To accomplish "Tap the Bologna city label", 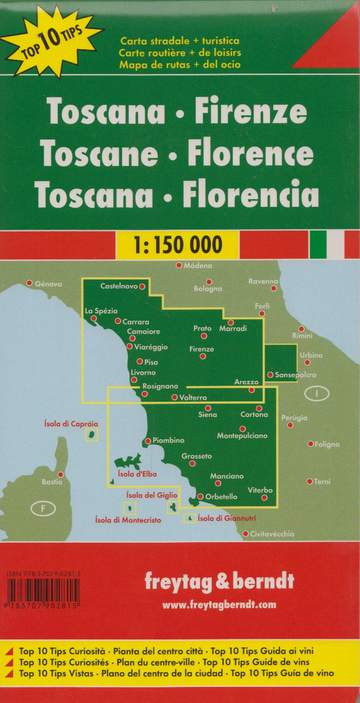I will (x=208, y=289).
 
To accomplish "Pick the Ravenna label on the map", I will (x=264, y=281).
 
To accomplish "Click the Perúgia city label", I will (x=294, y=417).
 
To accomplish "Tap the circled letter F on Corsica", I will (x=42, y=509).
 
